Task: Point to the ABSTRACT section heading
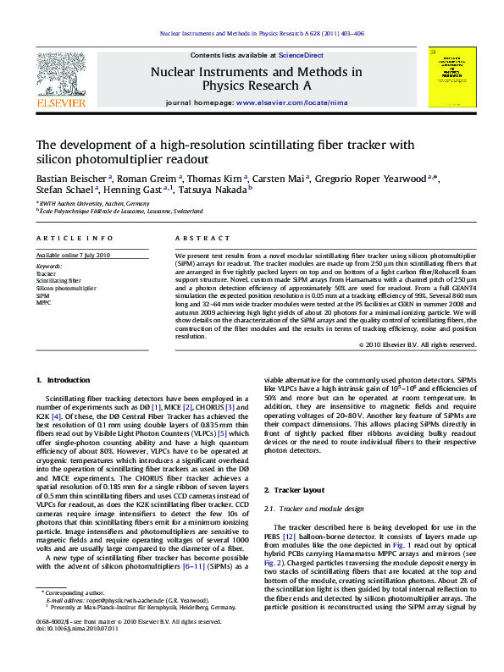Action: pos(193,240)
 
